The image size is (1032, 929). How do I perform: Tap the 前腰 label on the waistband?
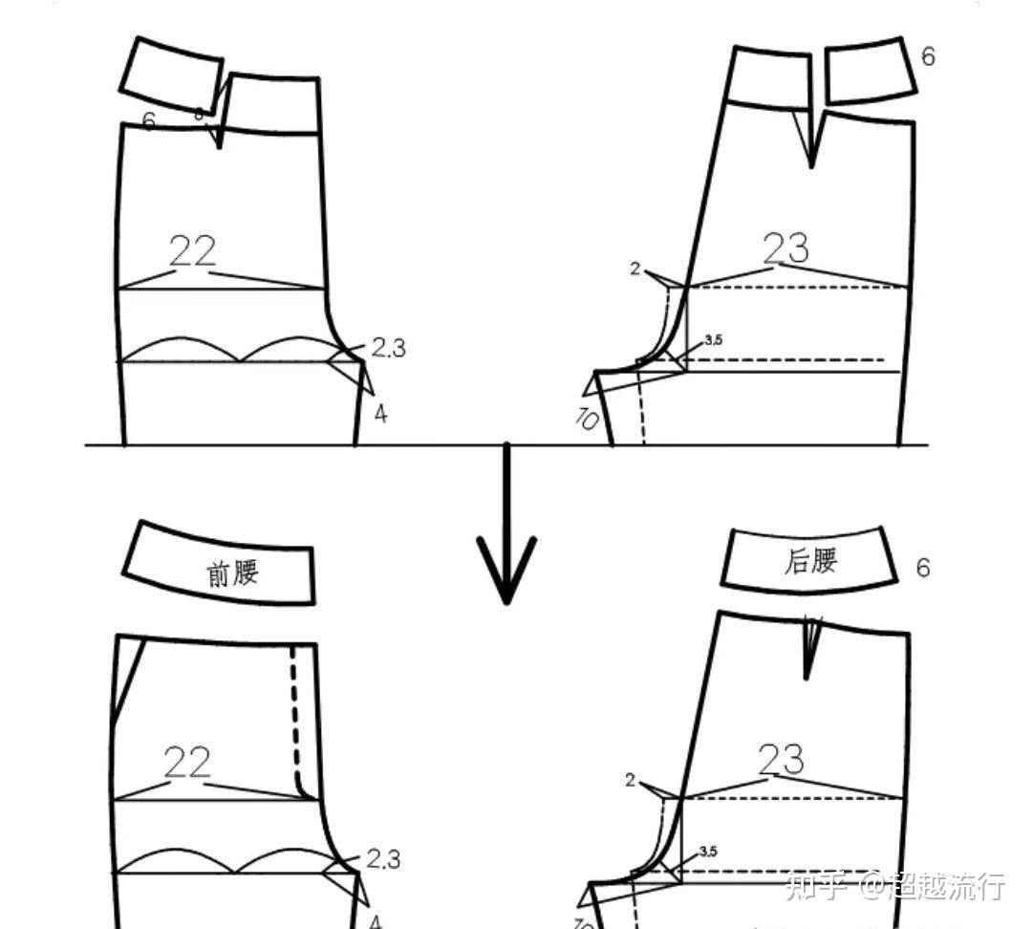(233, 573)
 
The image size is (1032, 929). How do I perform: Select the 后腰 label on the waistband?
(810, 560)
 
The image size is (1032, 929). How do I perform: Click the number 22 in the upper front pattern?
(192, 251)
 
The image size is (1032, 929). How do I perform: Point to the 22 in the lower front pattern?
(186, 763)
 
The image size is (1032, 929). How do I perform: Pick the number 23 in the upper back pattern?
(786, 248)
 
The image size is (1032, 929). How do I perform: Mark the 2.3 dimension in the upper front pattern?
(388, 348)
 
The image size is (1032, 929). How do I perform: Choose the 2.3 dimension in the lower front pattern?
(383, 859)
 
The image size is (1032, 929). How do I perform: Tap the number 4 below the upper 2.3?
(380, 415)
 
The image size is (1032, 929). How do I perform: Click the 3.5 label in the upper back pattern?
(713, 339)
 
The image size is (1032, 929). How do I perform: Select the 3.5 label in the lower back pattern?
(708, 851)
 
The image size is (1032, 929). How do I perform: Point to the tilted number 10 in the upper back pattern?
(587, 418)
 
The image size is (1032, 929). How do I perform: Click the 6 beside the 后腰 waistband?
(922, 568)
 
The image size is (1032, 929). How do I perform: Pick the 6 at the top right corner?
(928, 56)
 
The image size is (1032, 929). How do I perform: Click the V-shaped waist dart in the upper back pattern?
(811, 139)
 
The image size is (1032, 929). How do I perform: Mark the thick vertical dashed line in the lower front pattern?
(294, 717)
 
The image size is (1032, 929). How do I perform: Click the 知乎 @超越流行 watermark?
(894, 886)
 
